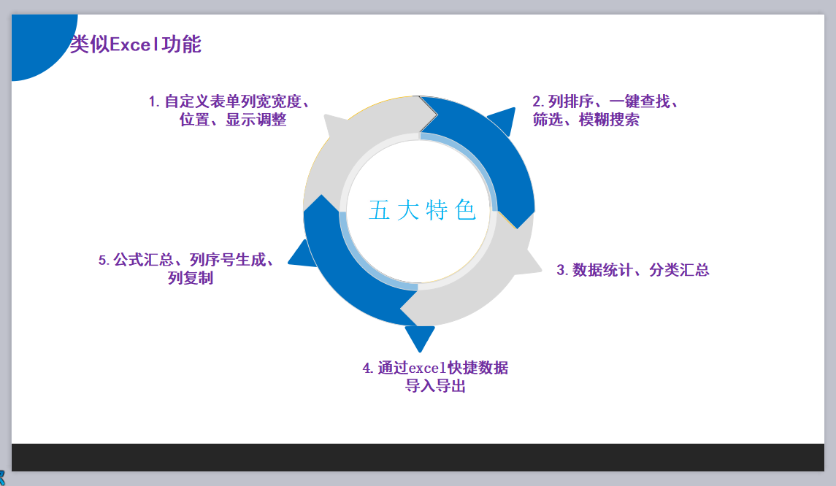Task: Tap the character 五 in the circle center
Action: tap(379, 210)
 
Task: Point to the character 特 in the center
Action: tap(437, 210)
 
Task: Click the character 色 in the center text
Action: tap(465, 210)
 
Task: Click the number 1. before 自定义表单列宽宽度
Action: tap(154, 102)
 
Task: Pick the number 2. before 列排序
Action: tap(538, 102)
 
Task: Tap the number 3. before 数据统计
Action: tap(562, 270)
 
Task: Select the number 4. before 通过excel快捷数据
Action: tap(368, 369)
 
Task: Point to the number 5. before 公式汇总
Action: tap(104, 260)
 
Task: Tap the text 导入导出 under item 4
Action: tap(435, 387)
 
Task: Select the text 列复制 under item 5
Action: tap(191, 278)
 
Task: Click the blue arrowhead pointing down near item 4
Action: tap(420, 337)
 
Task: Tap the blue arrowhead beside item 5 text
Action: tap(301, 255)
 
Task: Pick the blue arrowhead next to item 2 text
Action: tap(503, 120)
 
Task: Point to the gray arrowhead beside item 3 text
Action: tap(527, 263)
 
